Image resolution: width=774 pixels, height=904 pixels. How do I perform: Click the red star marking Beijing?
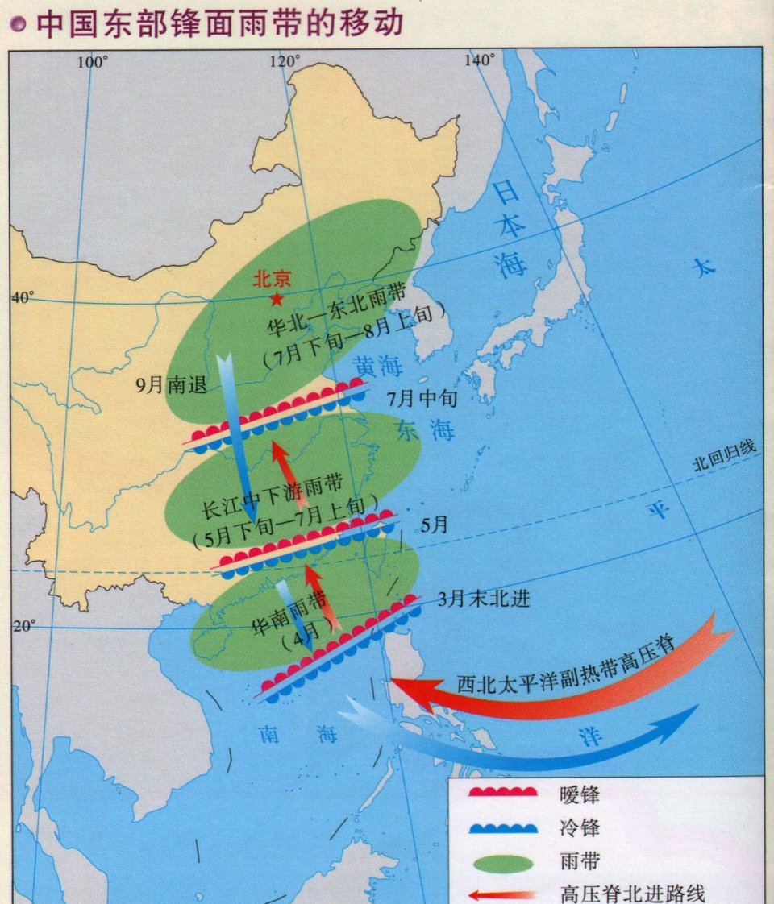coord(277,300)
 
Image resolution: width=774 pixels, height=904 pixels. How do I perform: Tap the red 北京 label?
coord(272,279)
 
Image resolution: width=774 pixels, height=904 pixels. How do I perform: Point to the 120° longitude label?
coord(285,61)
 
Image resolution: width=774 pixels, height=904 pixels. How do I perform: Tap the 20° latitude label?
coord(23,625)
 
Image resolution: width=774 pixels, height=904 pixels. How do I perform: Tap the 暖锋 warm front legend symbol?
coord(503,792)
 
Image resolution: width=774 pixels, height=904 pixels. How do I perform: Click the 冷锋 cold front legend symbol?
coord(503,827)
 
